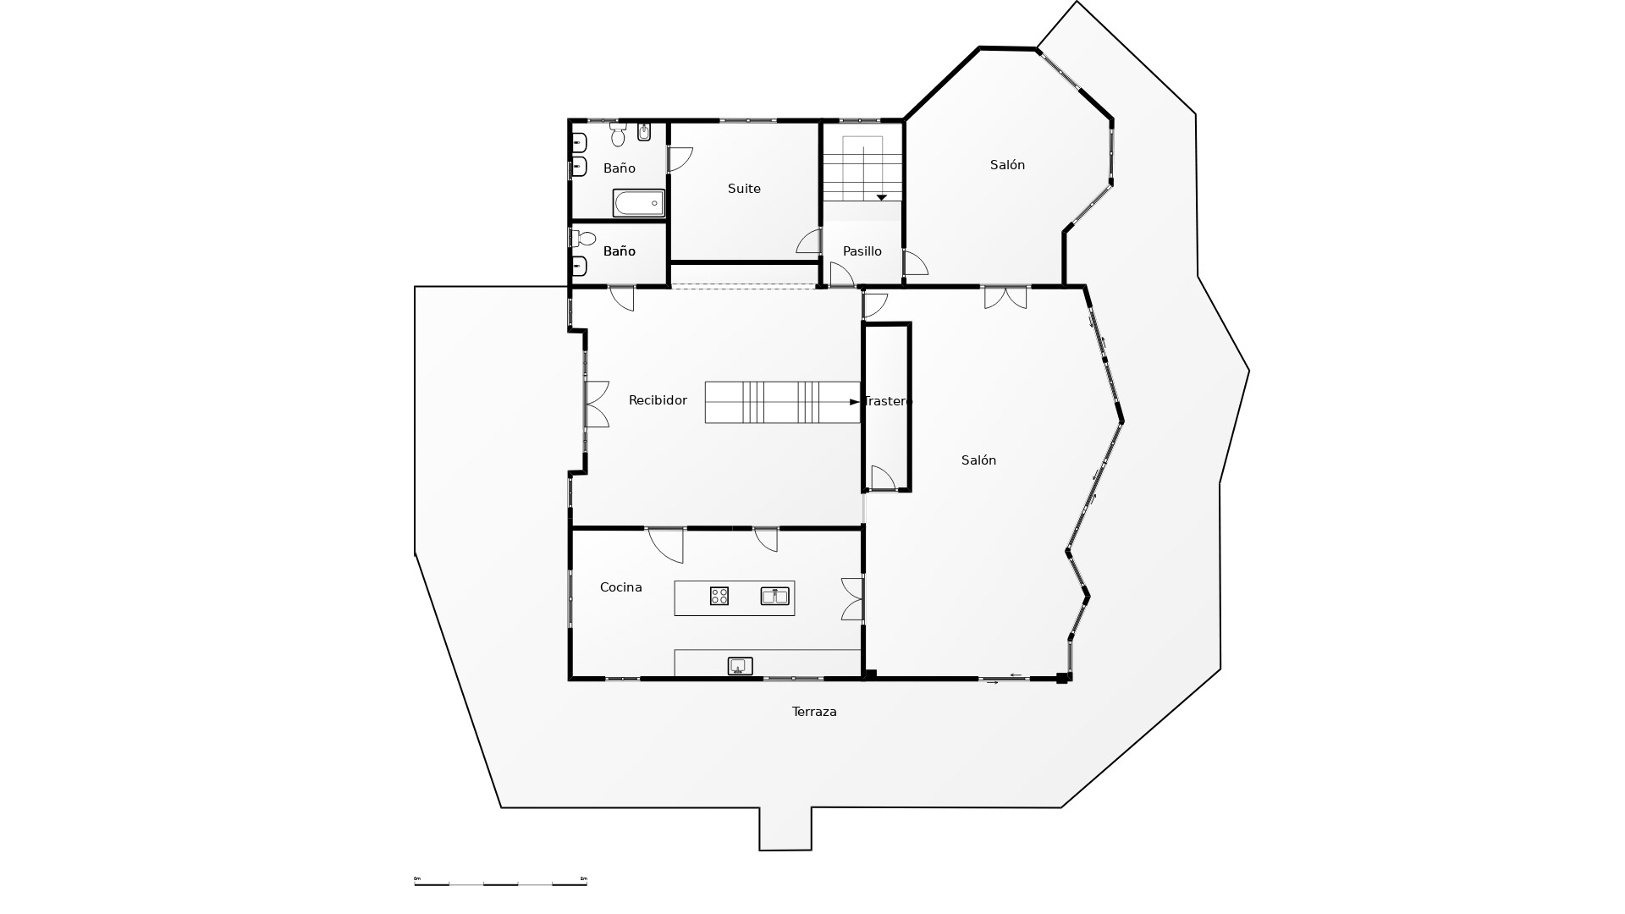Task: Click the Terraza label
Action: [814, 712]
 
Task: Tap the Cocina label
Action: [620, 587]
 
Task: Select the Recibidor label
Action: [658, 400]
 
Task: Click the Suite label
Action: [744, 189]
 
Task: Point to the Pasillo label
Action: [862, 251]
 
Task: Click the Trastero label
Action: [886, 401]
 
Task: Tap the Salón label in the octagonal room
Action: [1007, 165]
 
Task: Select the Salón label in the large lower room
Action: [978, 460]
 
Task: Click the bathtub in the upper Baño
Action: [639, 203]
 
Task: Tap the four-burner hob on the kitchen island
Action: [719, 596]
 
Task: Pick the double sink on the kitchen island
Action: [774, 596]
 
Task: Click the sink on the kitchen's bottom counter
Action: [740, 666]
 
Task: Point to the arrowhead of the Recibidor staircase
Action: [854, 402]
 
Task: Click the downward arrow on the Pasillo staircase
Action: [881, 197]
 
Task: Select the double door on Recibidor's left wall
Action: [596, 404]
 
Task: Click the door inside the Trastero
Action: [882, 478]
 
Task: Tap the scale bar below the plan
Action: [500, 884]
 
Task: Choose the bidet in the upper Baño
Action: [644, 132]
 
